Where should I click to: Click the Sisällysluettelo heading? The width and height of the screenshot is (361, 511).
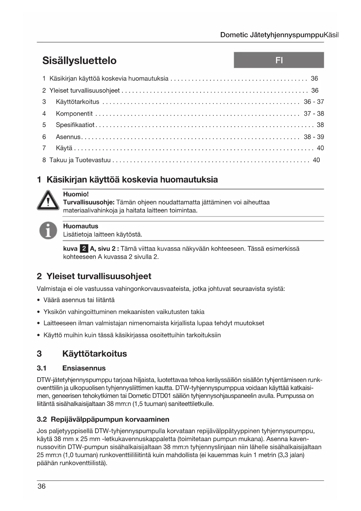coord(79,60)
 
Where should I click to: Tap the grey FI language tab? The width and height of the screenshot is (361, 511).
coord(279,60)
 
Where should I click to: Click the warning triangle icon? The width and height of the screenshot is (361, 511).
coord(48,200)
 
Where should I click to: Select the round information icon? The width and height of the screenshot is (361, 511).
coord(48,230)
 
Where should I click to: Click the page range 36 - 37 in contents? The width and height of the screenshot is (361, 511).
coord(314,102)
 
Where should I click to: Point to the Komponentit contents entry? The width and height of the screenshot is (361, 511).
coord(74,114)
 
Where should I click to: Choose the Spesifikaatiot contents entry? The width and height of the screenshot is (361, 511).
coord(75,125)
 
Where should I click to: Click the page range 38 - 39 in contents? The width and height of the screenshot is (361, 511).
coord(314,137)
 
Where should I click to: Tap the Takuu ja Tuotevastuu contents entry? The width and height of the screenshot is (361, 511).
coord(80,160)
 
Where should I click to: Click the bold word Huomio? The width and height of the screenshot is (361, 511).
coord(76,194)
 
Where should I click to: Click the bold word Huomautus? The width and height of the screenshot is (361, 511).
coord(81,226)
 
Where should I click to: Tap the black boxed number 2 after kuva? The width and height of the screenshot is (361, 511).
coord(84,249)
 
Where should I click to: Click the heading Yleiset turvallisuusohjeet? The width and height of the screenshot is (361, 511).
coord(99,276)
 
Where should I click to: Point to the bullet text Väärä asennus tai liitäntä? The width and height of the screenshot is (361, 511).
coord(79,300)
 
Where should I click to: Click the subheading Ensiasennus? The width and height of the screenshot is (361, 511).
coord(84,368)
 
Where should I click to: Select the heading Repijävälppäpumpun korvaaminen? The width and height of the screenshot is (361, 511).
coord(110,419)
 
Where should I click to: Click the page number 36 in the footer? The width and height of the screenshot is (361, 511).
coord(42,486)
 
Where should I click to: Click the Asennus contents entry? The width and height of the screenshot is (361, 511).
coord(68,137)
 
